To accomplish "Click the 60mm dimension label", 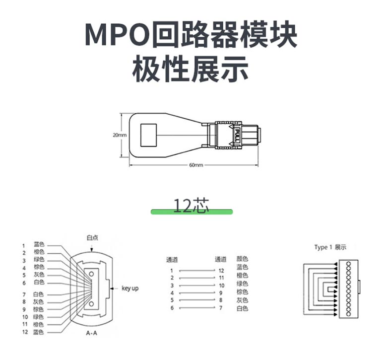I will (x=196, y=165).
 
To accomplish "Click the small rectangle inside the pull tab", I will (x=149, y=135).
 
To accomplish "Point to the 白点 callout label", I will (x=92, y=237).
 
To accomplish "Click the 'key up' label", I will (x=131, y=288).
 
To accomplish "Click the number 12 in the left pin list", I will (x=24, y=331).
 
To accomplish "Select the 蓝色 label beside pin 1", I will (x=39, y=244).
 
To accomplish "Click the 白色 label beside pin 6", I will (x=39, y=282).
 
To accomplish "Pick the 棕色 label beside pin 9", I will (x=39, y=309).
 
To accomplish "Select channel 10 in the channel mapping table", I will (x=221, y=285).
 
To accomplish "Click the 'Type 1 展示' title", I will (x=330, y=247).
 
